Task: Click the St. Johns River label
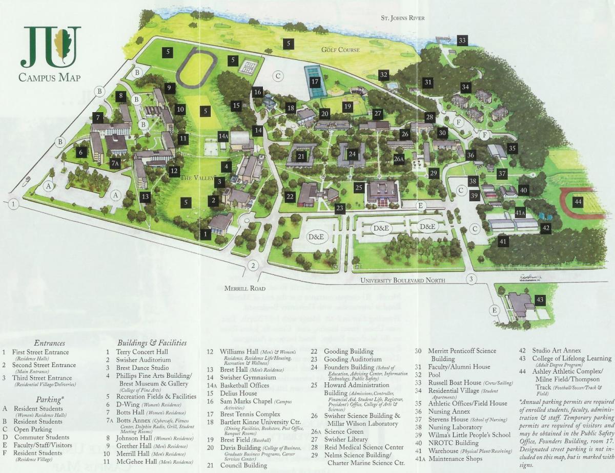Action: coord(402,18)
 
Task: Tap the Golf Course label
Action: coord(340,50)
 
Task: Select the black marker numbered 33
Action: coord(462,40)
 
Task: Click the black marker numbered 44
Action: coord(578,201)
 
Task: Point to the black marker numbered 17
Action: coord(315,81)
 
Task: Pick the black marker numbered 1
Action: coord(206,234)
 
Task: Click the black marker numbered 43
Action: coord(539,299)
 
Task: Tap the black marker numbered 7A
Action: coord(115,163)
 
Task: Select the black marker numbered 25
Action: coord(359,187)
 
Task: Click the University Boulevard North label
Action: coord(402,280)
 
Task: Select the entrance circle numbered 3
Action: coord(472,279)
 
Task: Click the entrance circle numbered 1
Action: coord(13,204)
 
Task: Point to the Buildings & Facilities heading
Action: coord(152,342)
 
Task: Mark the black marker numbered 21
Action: coord(301,156)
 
